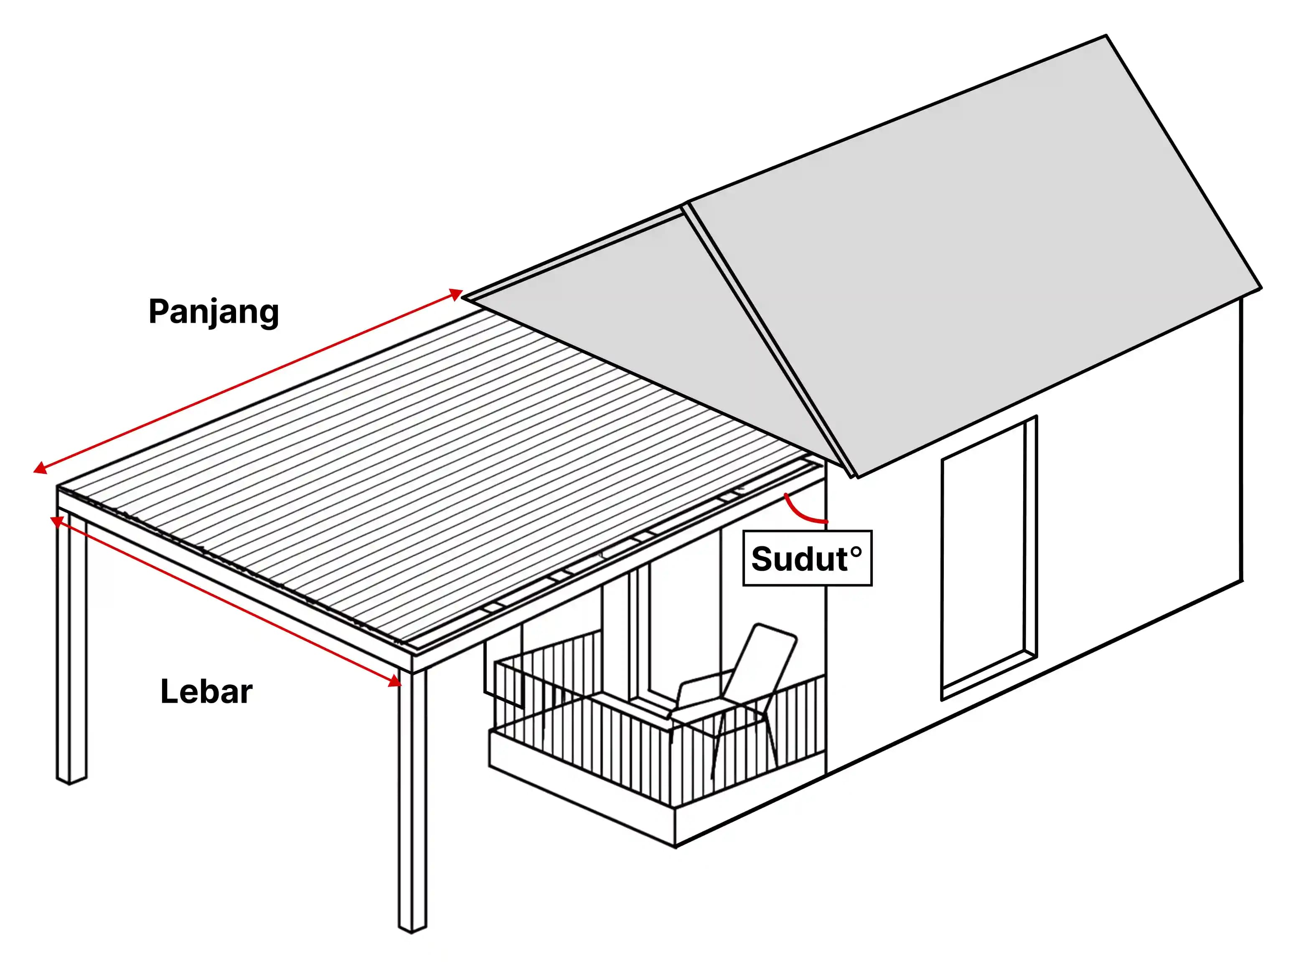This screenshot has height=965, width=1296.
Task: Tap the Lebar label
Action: (x=206, y=691)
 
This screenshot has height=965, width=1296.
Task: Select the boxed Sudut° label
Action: (x=807, y=558)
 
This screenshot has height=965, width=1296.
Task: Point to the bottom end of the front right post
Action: (x=412, y=929)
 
